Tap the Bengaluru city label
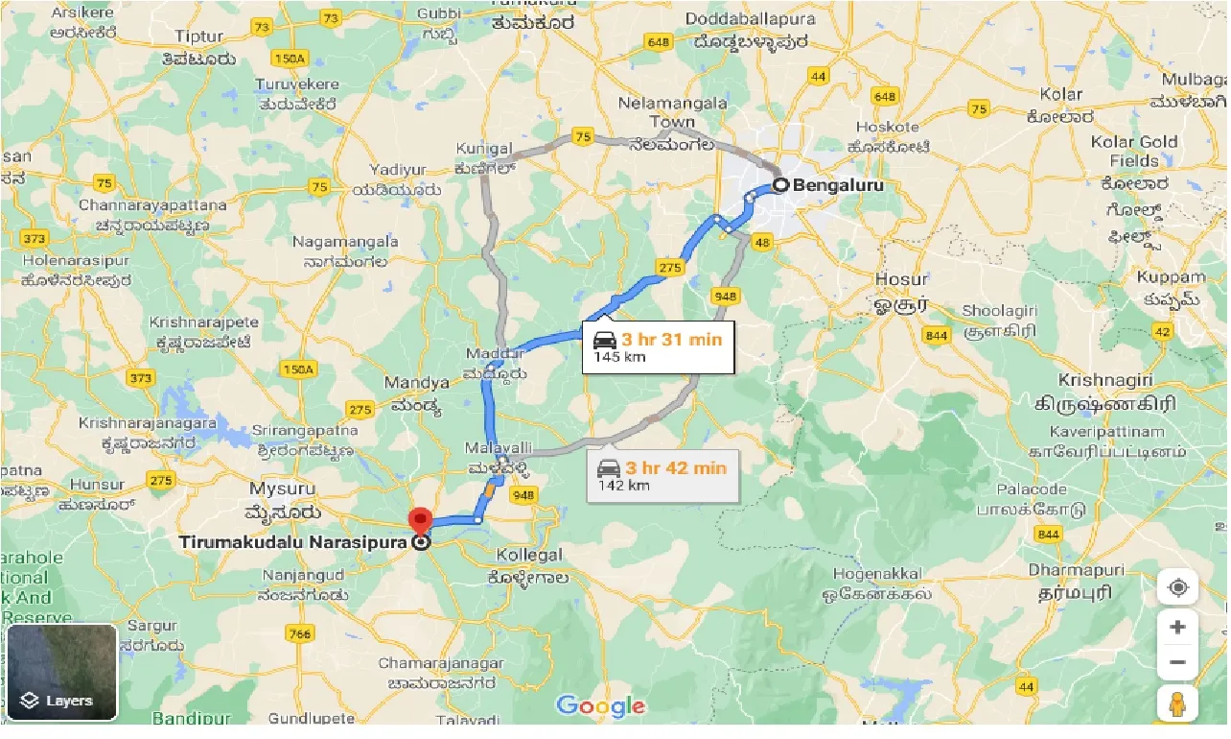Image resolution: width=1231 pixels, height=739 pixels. click(838, 184)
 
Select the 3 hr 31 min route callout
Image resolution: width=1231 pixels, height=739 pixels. click(658, 346)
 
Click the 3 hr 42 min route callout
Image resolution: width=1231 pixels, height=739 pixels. click(662, 476)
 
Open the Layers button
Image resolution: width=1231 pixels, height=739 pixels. click(61, 672)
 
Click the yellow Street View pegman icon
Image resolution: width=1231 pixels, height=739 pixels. click(1177, 704)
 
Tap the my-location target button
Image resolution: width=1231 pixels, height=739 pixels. click(1177, 587)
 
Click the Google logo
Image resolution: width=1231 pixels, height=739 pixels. click(600, 707)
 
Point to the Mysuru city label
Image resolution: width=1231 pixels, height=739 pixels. click(282, 489)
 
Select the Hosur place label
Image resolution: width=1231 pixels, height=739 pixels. click(901, 279)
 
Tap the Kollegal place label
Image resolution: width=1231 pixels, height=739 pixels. click(530, 556)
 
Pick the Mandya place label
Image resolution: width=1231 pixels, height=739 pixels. click(417, 383)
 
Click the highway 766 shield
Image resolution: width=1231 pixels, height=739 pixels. click(299, 633)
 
